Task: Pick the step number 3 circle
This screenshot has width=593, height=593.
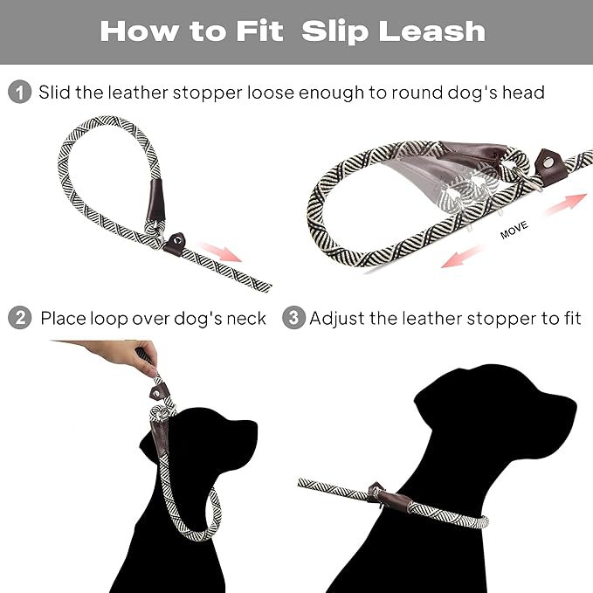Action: coord(294,318)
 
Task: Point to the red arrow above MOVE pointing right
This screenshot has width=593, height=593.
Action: coord(564,204)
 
